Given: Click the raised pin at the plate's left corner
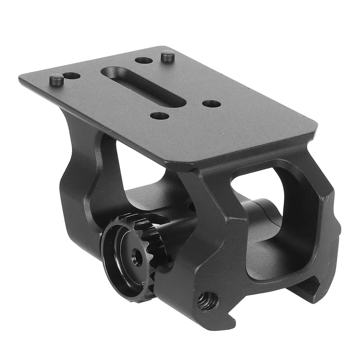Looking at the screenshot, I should pos(57,79).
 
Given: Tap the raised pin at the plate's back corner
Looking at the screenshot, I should pos(168,56).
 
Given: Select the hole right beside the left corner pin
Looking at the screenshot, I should pos(72,76).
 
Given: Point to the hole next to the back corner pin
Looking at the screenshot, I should pos(144,60).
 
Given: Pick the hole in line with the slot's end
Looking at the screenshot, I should pos(211,104).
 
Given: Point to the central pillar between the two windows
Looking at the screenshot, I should pos(212,230).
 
